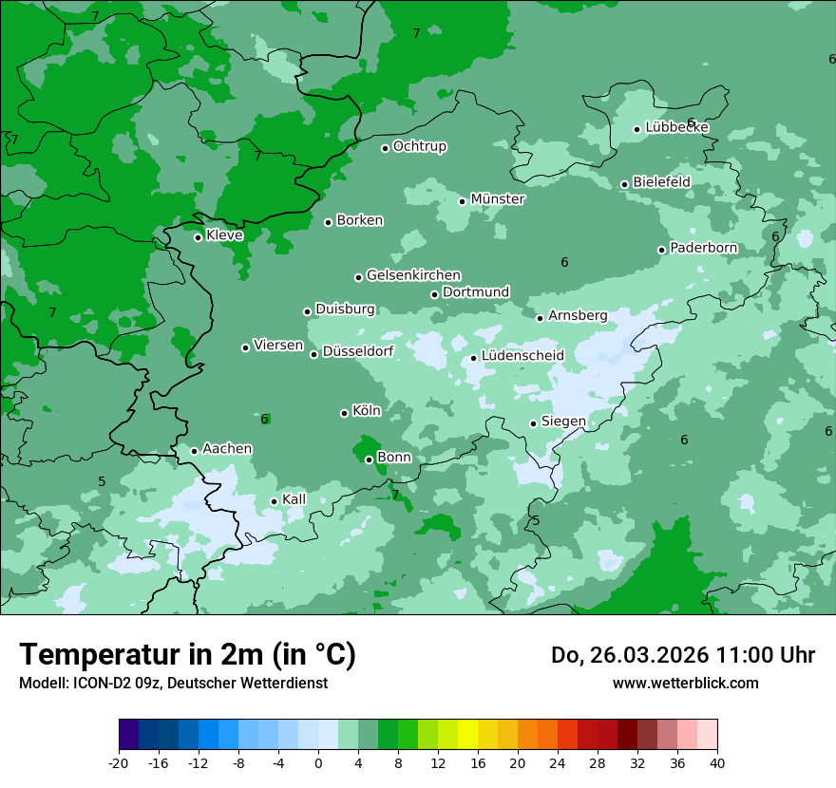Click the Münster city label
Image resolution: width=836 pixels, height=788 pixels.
pos(498,199)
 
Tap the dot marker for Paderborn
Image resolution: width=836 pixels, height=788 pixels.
pos(662,250)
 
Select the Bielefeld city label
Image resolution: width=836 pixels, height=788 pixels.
pos(661,181)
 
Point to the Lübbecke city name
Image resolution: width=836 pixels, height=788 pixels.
pos(676,127)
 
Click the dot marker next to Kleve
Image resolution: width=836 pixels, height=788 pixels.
pos(198,237)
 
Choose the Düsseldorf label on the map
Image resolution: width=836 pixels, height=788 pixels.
pos(358,352)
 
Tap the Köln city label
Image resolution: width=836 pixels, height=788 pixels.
pos(367,411)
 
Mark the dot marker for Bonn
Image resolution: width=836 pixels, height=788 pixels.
pos(369,460)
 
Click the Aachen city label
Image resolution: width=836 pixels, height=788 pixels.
pos(227,449)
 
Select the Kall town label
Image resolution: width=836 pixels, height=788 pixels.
pos(294,499)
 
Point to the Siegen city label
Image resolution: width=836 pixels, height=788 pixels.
pos(563,422)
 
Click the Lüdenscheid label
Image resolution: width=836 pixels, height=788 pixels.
pos(522,356)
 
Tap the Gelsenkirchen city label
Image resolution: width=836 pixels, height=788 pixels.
pos(413,275)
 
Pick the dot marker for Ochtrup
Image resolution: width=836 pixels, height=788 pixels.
pos(385,148)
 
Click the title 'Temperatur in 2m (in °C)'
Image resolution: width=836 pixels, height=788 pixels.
pos(187,655)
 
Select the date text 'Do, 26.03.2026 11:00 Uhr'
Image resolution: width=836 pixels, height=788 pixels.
pos(682,655)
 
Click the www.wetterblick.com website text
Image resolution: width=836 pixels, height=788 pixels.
pos(685,684)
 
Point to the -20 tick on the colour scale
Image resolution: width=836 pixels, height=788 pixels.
pos(119,763)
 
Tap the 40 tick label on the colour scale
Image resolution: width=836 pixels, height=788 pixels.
pos(716,763)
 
